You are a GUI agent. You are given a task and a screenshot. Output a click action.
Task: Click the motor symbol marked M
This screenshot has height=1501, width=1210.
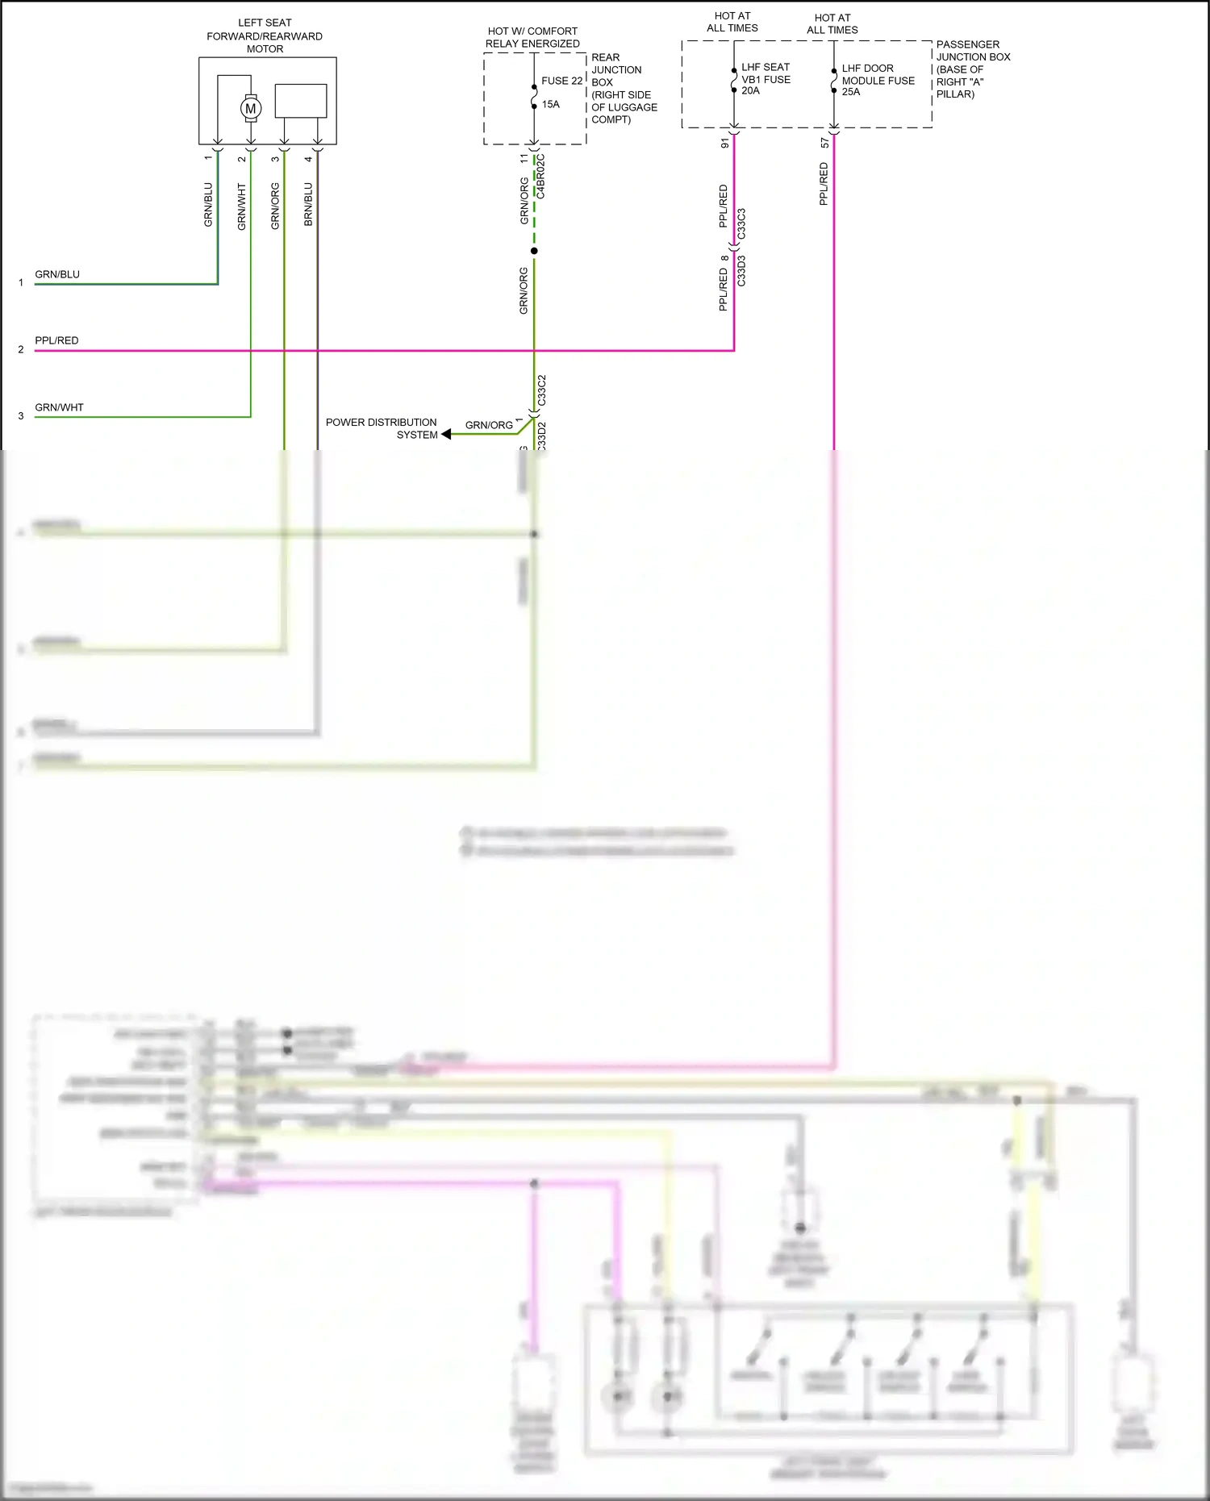[x=250, y=108]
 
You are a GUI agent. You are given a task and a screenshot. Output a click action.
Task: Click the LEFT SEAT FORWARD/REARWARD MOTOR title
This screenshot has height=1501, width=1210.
[x=265, y=36]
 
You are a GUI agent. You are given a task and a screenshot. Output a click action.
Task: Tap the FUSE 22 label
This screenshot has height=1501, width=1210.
[x=561, y=81]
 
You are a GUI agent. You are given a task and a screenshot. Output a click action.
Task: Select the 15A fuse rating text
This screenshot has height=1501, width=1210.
[x=550, y=104]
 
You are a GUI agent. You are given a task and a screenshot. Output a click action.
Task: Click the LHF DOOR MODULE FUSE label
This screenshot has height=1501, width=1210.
[x=878, y=80]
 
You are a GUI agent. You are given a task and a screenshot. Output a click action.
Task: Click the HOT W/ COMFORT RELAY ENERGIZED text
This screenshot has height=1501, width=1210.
[x=532, y=37]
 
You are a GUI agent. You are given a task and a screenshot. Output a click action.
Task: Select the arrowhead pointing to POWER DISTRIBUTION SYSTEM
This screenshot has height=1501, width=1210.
[x=446, y=434]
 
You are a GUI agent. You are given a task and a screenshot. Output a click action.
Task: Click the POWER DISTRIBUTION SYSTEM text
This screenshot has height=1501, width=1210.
[x=382, y=428]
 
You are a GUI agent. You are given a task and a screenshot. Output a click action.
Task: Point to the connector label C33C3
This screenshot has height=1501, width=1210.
[x=741, y=223]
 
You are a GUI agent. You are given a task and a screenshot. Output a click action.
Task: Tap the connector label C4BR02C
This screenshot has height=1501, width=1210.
[x=540, y=177]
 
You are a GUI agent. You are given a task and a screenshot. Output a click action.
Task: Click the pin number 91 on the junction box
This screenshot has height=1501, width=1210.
[x=724, y=143]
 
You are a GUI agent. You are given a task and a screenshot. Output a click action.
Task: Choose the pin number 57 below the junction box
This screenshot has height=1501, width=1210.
[x=824, y=143]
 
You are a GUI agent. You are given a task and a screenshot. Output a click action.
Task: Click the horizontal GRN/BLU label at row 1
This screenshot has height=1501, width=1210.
[x=57, y=274]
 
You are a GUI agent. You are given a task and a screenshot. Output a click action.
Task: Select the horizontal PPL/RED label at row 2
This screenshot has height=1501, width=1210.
[x=56, y=340]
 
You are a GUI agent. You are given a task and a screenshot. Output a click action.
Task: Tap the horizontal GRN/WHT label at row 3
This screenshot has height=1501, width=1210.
[x=59, y=407]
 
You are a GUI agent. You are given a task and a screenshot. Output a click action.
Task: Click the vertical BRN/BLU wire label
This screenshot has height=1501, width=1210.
[x=308, y=204]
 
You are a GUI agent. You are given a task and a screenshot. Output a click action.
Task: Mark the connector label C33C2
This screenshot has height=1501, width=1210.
[x=541, y=390]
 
